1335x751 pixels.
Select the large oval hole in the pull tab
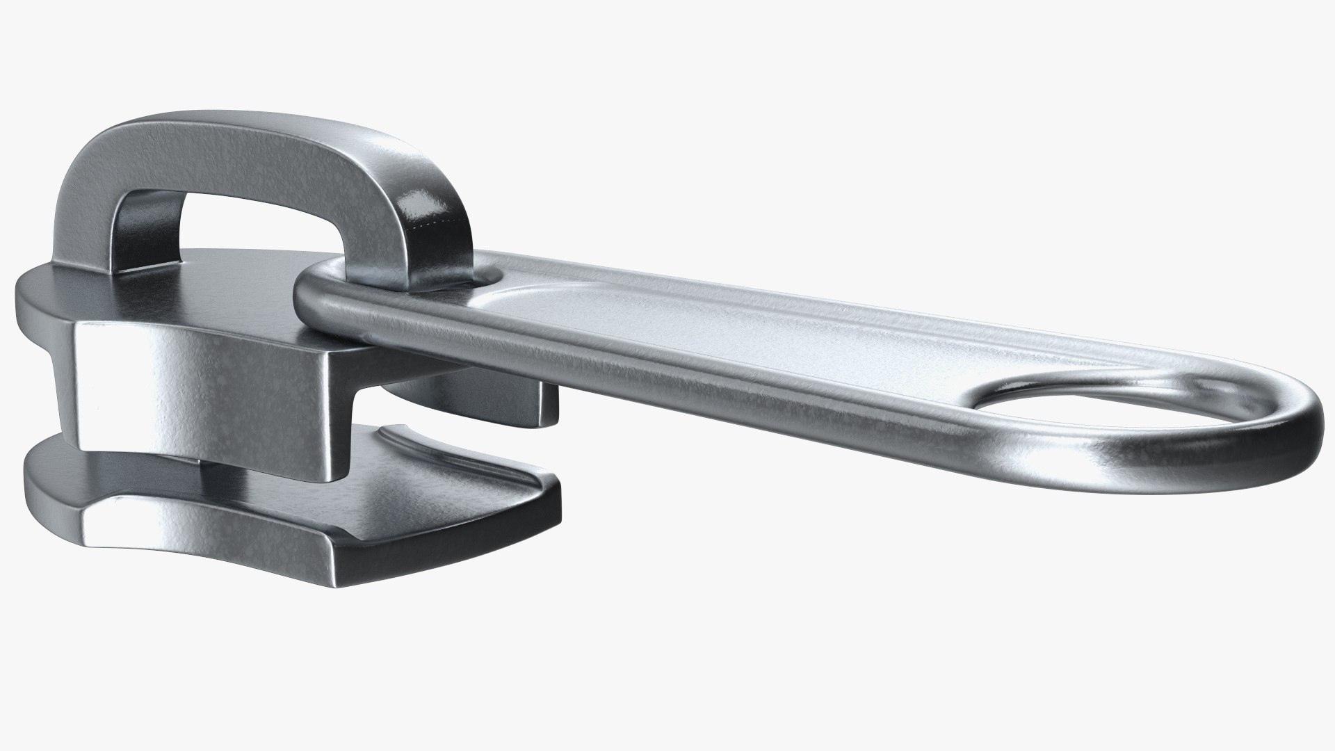[1085, 406]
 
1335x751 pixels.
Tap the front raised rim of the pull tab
[695, 389]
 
